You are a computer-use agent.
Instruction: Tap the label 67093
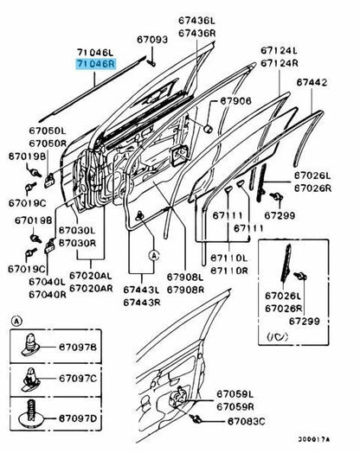[x=153, y=40]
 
